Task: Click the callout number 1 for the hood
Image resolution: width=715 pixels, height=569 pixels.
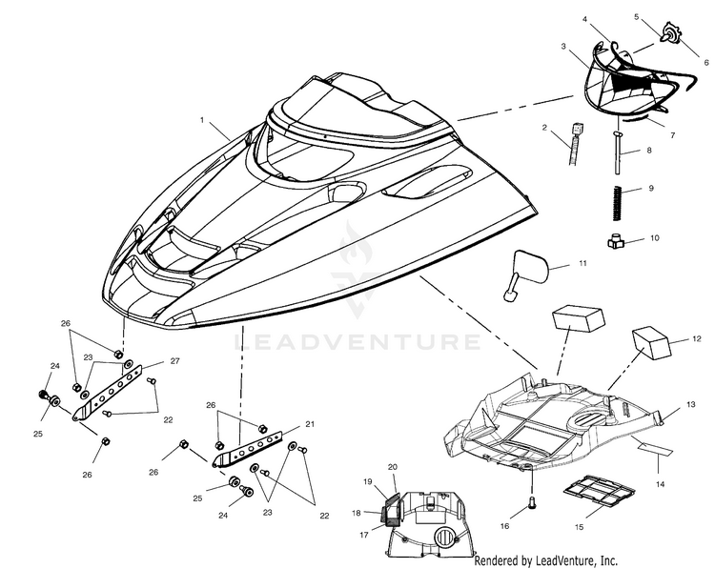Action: coord(201,120)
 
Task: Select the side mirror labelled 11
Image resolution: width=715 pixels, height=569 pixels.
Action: coord(526,274)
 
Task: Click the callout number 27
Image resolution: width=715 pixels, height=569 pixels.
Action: coord(174,360)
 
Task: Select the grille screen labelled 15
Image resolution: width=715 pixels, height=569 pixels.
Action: coord(600,491)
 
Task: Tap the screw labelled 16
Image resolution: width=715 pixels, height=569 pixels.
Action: coord(532,503)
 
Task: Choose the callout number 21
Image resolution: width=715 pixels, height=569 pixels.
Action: coord(310,424)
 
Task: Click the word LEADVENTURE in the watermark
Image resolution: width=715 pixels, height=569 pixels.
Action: coord(357,341)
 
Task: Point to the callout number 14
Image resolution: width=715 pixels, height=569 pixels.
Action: coord(660,484)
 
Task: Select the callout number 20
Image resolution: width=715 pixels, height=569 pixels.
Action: coord(393,467)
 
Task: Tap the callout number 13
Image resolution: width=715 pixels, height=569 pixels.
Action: coord(691,404)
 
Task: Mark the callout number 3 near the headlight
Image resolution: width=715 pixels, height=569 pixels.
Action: coord(563,46)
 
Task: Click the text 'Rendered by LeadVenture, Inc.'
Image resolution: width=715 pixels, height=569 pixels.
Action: coord(546,560)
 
